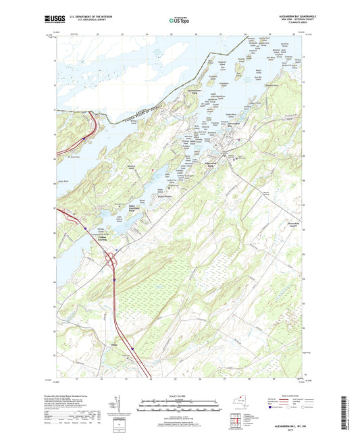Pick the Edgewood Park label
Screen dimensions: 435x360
[x=213, y=165]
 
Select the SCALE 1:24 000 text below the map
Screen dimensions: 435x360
[x=180, y=395]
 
